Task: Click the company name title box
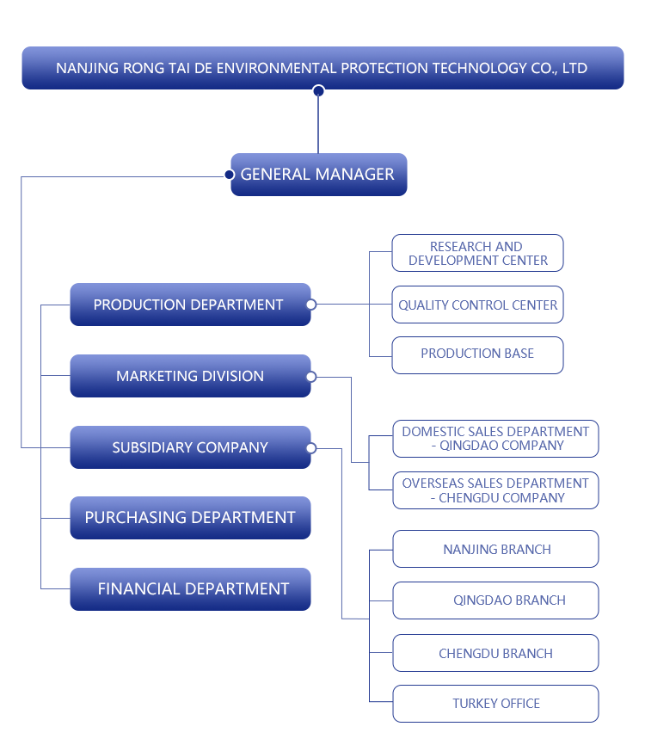click(322, 67)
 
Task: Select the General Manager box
click(319, 174)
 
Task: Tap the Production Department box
click(189, 305)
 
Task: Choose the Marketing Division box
click(190, 376)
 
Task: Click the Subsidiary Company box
click(190, 447)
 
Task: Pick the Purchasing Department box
click(190, 517)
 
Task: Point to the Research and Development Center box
click(477, 253)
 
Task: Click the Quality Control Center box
click(477, 305)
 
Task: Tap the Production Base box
click(477, 354)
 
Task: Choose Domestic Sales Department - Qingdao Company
click(495, 438)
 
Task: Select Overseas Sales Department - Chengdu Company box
click(495, 490)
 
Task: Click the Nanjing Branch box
click(495, 549)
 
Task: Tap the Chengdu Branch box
click(495, 653)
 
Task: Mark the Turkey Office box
click(495, 704)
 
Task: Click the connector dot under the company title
click(318, 91)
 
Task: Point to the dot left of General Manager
click(229, 175)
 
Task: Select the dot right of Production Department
click(311, 305)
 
